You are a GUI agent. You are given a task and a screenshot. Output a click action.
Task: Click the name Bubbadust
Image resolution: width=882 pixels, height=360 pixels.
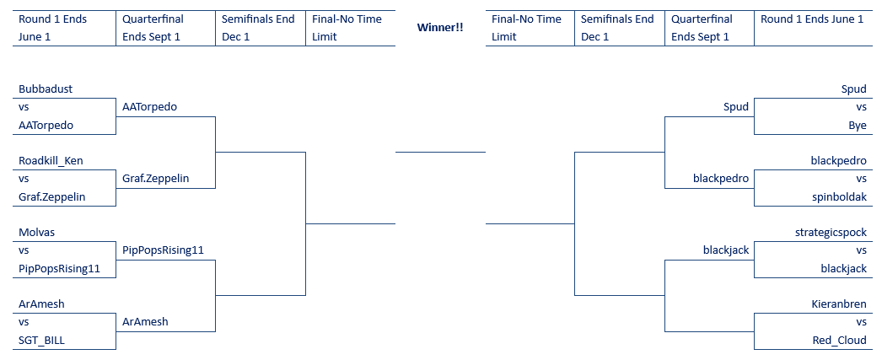[46, 89]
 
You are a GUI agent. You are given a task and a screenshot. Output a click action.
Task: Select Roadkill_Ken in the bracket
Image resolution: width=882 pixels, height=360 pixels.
[51, 161]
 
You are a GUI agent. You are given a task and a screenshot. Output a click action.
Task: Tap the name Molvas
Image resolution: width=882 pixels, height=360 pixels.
[36, 233]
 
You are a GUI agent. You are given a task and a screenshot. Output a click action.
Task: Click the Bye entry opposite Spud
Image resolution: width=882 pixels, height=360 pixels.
[858, 126]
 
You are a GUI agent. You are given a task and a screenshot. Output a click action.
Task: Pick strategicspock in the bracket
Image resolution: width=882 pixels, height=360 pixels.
[831, 233]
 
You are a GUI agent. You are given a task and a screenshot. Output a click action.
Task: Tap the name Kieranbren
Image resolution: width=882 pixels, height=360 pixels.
[839, 304]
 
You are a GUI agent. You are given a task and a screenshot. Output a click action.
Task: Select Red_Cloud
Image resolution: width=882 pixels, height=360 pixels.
[840, 341]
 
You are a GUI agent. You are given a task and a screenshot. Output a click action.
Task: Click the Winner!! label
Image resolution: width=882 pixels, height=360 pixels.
[440, 27]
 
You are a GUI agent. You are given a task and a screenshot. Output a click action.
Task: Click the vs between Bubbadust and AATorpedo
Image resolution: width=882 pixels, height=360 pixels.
[24, 107]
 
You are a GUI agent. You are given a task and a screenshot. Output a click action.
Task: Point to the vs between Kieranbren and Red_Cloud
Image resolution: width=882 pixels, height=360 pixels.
[861, 322]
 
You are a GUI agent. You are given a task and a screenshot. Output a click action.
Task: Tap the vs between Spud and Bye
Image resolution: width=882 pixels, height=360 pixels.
[861, 107]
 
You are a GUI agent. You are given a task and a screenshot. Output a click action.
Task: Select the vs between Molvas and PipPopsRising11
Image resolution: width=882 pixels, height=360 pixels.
[24, 250]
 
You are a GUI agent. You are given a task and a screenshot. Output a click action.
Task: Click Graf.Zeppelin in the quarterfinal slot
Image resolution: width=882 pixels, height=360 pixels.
[156, 179]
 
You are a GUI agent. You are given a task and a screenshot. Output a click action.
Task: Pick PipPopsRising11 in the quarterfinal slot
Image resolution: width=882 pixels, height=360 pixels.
[163, 250]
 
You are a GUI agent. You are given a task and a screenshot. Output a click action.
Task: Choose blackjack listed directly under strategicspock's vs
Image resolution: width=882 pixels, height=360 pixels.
[844, 269]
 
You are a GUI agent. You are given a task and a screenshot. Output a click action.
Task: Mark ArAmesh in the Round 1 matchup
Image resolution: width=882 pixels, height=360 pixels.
[41, 304]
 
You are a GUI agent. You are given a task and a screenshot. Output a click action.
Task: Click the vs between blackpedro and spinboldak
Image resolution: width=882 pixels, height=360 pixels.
[861, 179]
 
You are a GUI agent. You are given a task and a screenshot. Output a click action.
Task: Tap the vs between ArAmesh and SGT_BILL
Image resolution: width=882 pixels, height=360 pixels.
[24, 322]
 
